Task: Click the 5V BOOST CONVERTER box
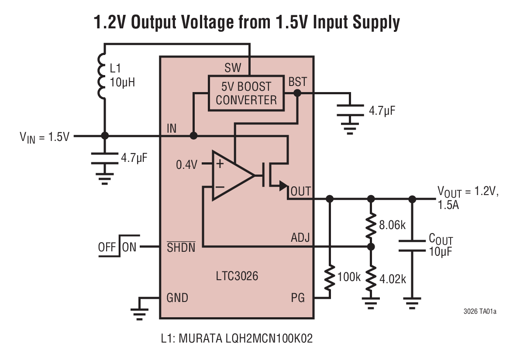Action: point(246,93)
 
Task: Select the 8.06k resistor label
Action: point(392,225)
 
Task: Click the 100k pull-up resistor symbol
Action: point(330,277)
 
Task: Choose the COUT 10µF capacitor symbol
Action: point(412,245)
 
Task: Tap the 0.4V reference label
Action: point(187,165)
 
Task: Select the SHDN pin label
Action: point(181,247)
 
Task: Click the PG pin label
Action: point(298,298)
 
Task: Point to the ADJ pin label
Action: point(300,238)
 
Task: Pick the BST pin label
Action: point(297,82)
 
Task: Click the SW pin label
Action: point(233,68)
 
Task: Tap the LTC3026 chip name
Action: point(237,276)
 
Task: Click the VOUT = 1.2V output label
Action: point(467,192)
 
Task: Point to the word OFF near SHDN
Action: point(107,247)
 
